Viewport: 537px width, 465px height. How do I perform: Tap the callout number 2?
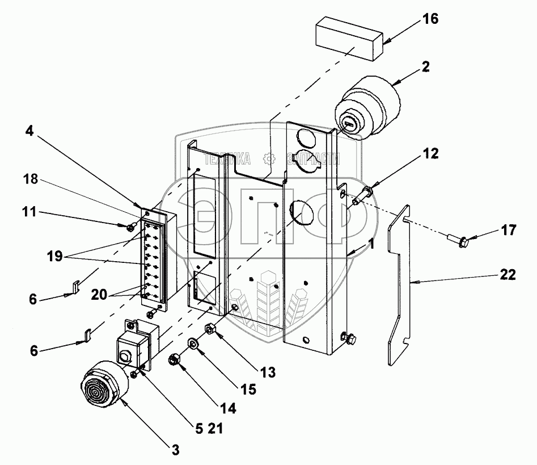click(x=425, y=67)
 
